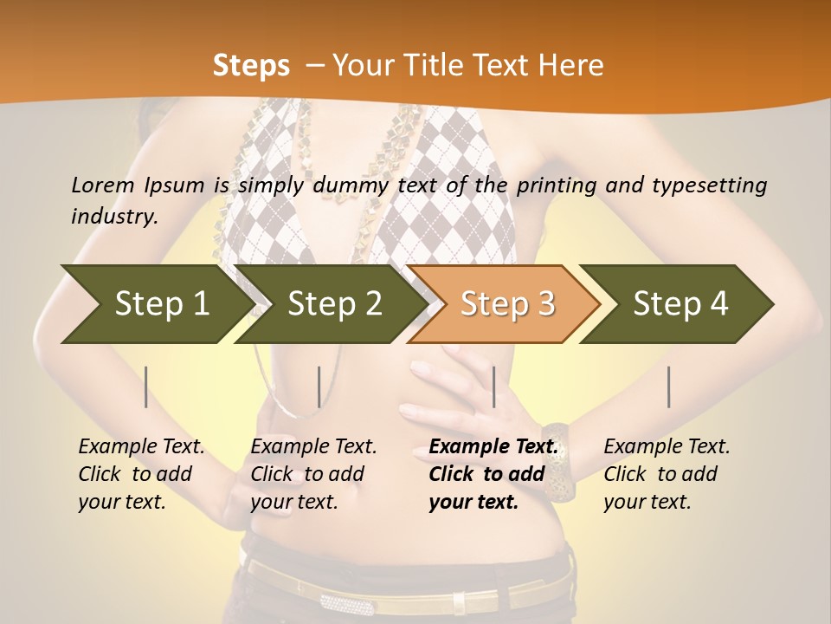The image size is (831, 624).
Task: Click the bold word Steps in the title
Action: (251, 65)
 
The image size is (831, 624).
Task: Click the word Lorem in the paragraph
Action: (102, 185)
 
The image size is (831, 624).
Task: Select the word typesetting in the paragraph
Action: (708, 185)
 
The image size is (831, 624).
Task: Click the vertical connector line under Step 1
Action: (146, 387)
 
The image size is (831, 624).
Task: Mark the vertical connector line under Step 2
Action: (319, 387)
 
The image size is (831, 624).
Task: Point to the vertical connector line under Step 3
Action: (493, 387)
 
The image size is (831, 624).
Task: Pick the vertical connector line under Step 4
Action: (669, 387)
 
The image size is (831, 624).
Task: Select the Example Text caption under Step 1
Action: (141, 446)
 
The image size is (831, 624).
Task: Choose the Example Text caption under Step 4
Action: (667, 446)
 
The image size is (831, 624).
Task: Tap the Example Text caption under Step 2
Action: (313, 446)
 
